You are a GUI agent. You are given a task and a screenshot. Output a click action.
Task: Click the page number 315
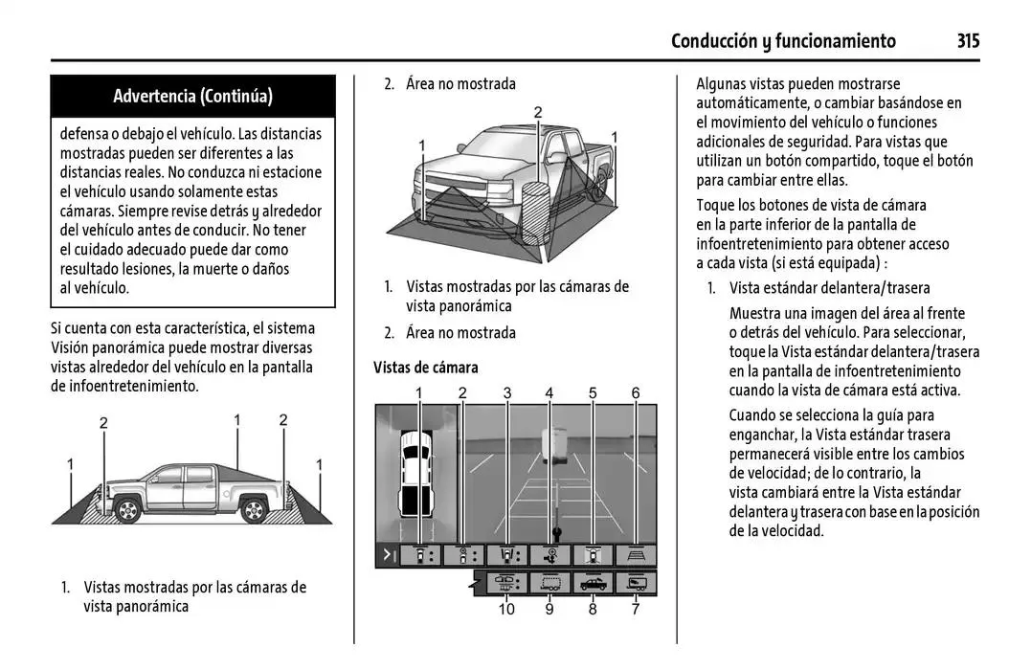pos(967,40)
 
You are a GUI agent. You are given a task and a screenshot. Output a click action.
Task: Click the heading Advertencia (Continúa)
pos(192,96)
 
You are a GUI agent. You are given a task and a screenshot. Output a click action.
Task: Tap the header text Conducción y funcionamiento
pos(783,40)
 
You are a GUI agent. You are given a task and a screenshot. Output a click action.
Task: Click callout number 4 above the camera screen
pos(549,392)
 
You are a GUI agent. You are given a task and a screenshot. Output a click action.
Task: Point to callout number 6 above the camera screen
pos(636,392)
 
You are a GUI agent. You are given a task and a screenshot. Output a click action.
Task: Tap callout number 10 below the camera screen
pos(506,609)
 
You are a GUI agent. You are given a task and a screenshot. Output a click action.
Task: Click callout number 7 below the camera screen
pos(636,609)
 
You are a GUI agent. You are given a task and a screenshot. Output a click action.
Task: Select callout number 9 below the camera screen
pos(549,609)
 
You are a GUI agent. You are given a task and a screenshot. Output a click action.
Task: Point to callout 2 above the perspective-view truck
pos(538,113)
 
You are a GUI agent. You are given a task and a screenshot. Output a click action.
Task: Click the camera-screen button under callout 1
pos(419,555)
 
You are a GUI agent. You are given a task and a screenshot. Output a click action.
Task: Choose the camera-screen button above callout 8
pos(593,582)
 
